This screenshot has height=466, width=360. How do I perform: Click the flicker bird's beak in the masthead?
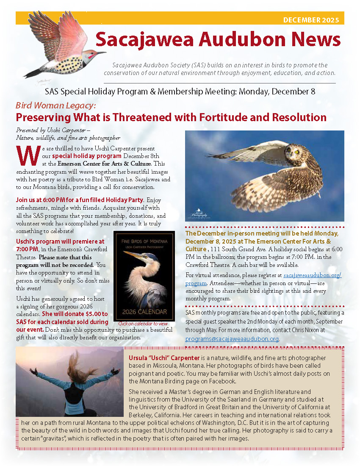(101, 53)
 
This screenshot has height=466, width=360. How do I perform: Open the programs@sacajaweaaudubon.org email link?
(232, 339)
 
